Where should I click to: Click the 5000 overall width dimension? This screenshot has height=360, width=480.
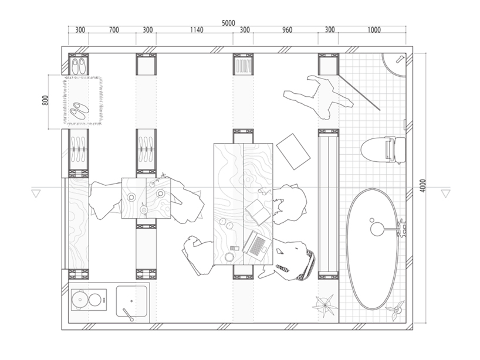pyautogui.click(x=228, y=23)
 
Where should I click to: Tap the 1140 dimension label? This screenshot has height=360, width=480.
pyautogui.click(x=197, y=30)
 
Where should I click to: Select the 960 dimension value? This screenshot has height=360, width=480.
pyautogui.click(x=287, y=30)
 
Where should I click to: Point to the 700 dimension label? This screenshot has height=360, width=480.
pyautogui.click(x=114, y=30)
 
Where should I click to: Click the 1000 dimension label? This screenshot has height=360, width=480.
pyautogui.click(x=374, y=30)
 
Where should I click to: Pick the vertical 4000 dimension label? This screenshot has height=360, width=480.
pyautogui.click(x=423, y=185)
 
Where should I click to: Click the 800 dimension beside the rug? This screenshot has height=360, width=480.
pyautogui.click(x=45, y=100)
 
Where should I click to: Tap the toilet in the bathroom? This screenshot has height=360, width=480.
pyautogui.click(x=383, y=150)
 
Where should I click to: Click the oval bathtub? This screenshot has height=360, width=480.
pyautogui.click(x=373, y=249)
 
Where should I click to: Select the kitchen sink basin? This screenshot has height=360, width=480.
pyautogui.click(x=131, y=301)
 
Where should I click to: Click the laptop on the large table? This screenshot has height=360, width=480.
pyautogui.click(x=257, y=245)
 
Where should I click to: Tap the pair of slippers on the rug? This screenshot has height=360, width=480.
pyautogui.click(x=79, y=111)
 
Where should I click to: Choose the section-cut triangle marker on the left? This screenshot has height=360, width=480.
pyautogui.click(x=36, y=193)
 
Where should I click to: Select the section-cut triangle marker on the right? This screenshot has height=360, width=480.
pyautogui.click(x=445, y=193)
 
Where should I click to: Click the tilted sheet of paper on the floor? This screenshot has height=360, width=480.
pyautogui.click(x=293, y=151)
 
